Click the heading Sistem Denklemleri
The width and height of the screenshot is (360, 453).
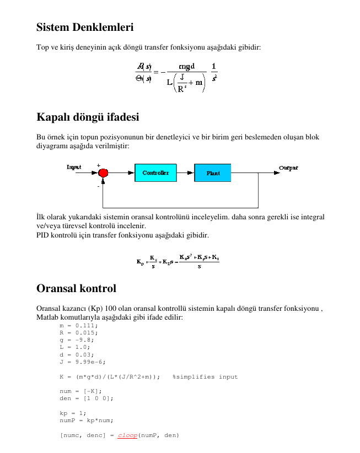pos(85,27)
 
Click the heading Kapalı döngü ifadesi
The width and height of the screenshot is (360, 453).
pos(88,117)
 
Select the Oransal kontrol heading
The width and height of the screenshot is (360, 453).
pos(76,288)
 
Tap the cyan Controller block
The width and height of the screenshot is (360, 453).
pos(155,172)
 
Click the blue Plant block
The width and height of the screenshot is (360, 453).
pos(213,172)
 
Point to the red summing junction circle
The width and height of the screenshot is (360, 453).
pos(103,173)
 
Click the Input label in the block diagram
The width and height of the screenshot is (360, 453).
pos(74,167)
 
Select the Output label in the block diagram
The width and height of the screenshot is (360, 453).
pos(288,168)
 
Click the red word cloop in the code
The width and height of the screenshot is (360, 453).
pos(127,435)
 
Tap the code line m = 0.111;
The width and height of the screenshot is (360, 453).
pos(78,326)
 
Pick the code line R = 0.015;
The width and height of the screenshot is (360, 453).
pos(78,333)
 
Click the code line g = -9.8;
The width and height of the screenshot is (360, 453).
pos(77,340)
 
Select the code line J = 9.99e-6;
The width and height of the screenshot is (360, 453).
pos(82,362)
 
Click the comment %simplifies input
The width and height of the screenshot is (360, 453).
pos(205,377)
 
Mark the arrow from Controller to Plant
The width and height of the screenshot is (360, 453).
pos(185,172)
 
